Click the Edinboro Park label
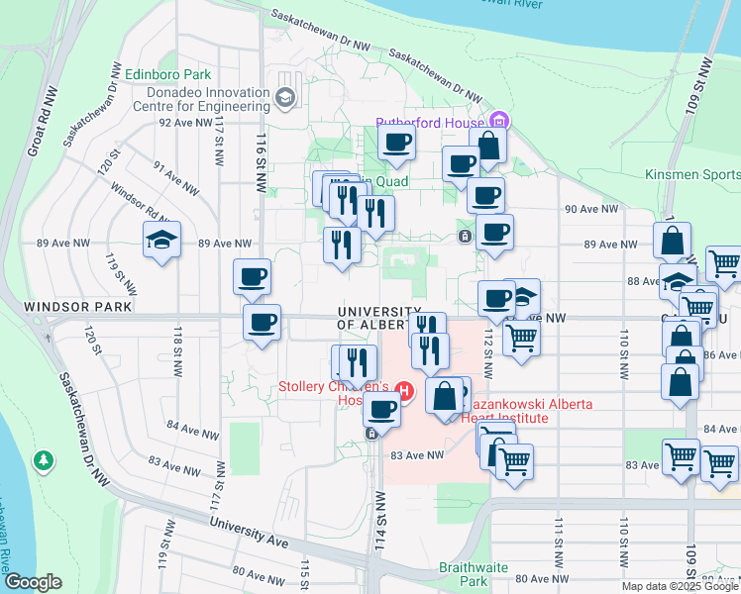tap(168, 74)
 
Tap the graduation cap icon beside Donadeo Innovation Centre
tap(286, 97)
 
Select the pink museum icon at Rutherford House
tap(498, 123)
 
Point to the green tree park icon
tap(43, 460)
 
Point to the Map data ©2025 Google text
tap(680, 586)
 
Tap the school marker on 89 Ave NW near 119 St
tap(162, 241)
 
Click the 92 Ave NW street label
tap(185, 124)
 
